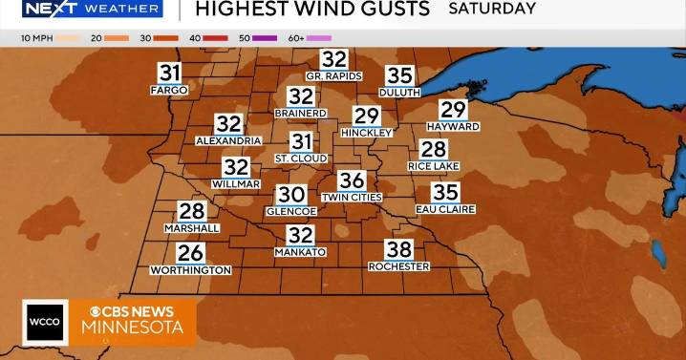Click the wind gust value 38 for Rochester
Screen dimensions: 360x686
399,250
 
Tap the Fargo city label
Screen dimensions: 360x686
169,90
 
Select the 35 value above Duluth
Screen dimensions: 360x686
399,75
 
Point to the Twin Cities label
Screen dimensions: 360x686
352,197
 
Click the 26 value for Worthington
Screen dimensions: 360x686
191,253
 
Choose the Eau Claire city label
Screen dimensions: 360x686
445,209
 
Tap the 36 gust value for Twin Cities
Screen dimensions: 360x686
352,180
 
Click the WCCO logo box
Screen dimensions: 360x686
43,322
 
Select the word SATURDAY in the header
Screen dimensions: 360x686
492,9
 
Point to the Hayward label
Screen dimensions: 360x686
453,126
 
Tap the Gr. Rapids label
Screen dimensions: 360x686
333,75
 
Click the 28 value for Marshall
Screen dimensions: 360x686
192,212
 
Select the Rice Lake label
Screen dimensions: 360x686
434,165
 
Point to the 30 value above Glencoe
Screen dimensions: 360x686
290,195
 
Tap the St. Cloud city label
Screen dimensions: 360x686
301,158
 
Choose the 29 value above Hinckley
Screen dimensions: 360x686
367,116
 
